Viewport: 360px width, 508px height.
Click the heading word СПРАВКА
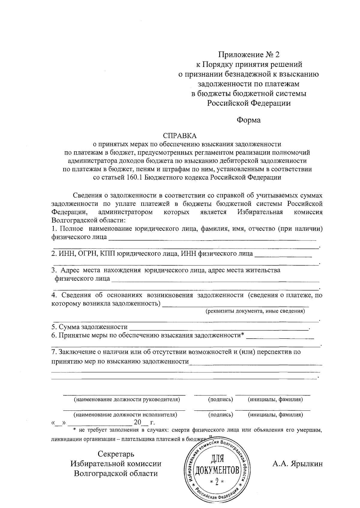pos(179,136)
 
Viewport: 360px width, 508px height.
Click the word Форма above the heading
pos(248,120)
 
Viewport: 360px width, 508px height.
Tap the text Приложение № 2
pos(248,55)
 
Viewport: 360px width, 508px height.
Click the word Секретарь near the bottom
pos(116,454)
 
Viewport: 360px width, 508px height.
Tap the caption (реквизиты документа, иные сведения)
pos(255,311)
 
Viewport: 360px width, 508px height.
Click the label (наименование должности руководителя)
pos(127,400)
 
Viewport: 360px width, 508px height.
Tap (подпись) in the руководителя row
pos(220,400)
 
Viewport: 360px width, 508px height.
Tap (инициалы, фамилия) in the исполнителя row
pos(275,415)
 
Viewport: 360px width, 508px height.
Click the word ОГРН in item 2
pos(88,254)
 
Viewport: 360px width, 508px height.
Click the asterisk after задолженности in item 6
pos(242,335)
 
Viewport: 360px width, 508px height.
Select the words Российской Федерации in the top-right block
pos(248,103)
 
